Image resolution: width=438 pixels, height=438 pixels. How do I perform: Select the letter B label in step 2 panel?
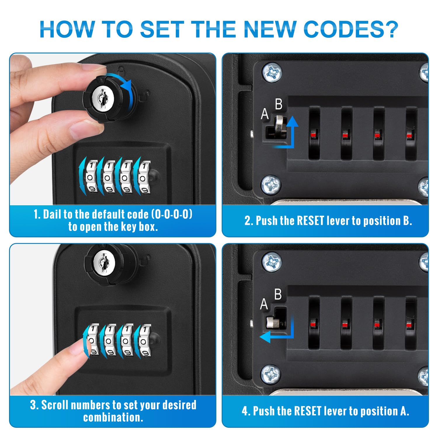[279, 104]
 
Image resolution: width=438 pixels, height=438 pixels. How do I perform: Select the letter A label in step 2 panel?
[265, 114]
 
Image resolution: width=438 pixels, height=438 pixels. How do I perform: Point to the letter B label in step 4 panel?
[278, 294]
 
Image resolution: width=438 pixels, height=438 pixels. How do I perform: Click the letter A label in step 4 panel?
[264, 304]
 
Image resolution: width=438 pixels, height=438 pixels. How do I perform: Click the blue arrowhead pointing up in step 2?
[292, 122]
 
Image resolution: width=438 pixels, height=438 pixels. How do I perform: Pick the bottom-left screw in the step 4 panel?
[271, 374]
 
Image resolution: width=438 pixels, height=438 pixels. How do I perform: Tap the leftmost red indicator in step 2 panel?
[313, 134]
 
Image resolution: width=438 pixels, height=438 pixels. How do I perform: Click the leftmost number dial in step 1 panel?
[91, 178]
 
